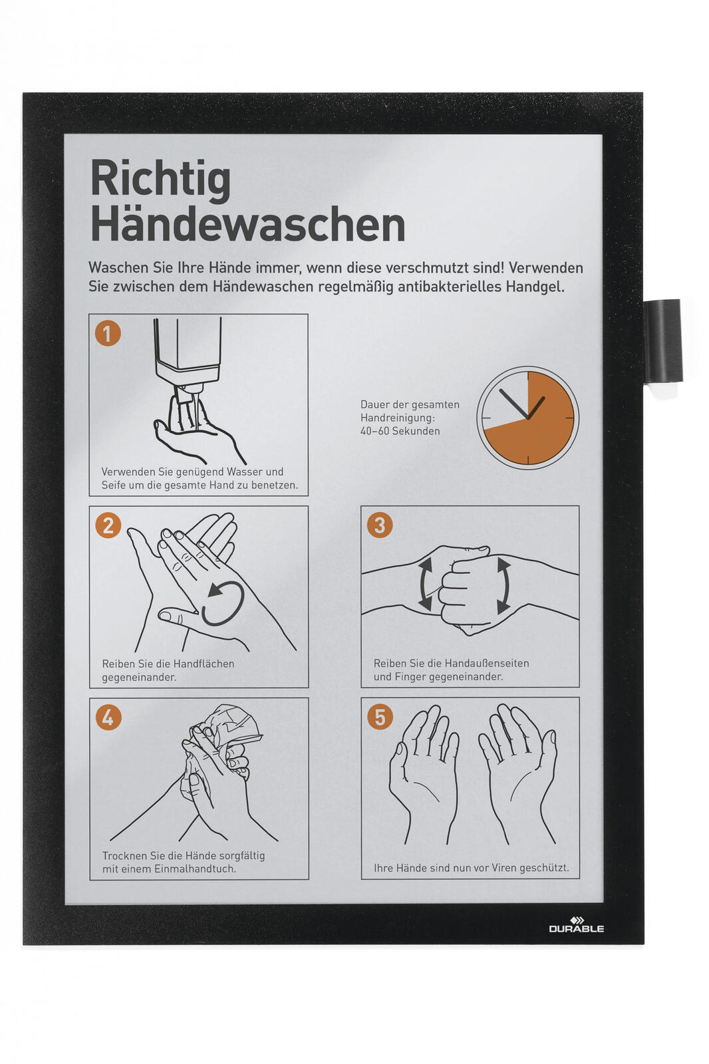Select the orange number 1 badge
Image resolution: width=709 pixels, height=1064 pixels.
[107, 333]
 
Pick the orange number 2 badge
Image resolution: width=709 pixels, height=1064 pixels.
[108, 525]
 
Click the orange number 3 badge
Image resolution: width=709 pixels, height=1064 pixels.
[380, 525]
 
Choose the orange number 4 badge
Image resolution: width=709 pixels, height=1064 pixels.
[108, 718]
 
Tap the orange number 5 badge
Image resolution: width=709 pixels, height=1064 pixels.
[380, 717]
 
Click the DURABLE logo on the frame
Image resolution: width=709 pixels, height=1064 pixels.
[576, 924]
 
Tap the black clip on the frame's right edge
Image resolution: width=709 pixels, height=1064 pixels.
[663, 340]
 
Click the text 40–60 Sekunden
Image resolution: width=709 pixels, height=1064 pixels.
[400, 432]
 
